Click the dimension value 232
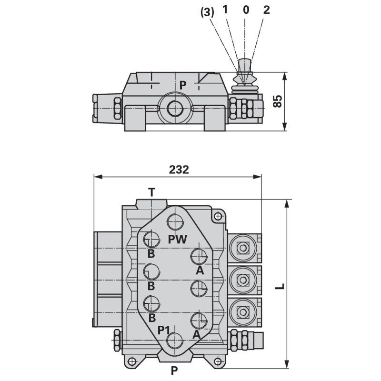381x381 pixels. (x=179, y=169)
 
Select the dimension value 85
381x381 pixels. (x=278, y=100)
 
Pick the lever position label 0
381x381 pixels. (x=246, y=10)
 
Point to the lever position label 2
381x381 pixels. (x=266, y=10)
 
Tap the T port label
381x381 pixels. (x=151, y=192)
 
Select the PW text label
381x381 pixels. (x=178, y=239)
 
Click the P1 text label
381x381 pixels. (x=164, y=330)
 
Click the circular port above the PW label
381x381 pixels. (x=176, y=222)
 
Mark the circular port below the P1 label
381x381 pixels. (x=175, y=341)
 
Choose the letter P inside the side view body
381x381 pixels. (x=182, y=85)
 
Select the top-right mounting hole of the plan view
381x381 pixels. (x=218, y=217)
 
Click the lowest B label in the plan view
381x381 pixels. (x=152, y=317)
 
